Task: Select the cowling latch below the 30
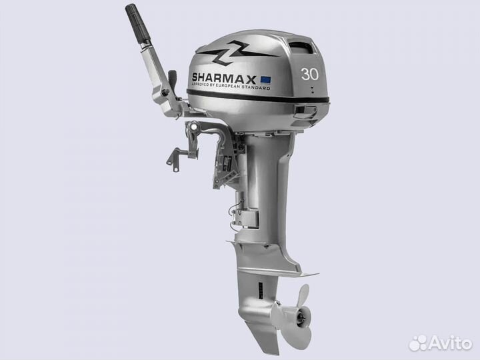308,110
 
